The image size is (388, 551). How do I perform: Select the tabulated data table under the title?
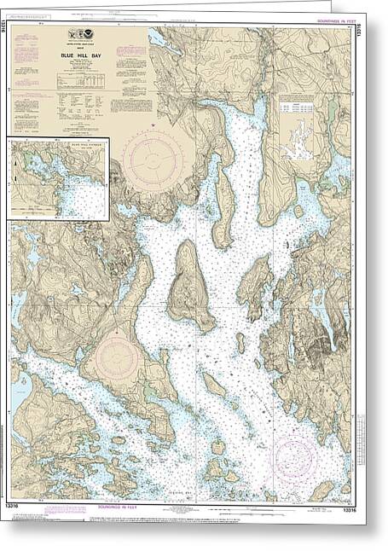[x=81, y=80]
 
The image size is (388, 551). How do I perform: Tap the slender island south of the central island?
[x=213, y=385]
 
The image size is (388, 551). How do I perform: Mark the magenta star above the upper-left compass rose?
[x=153, y=125]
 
